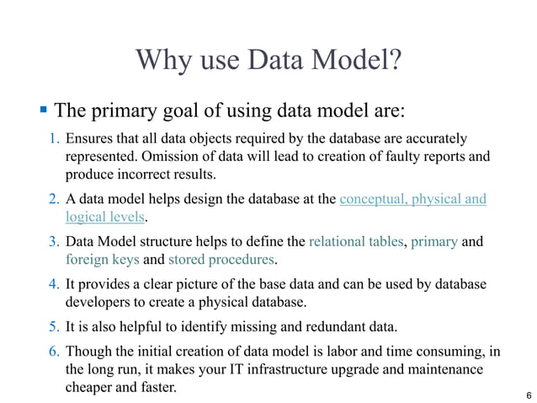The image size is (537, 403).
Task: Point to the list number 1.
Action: [52, 138]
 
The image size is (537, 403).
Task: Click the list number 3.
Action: [52, 242]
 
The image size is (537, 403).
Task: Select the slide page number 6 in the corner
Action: [527, 395]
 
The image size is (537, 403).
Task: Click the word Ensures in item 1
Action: [90, 138]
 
